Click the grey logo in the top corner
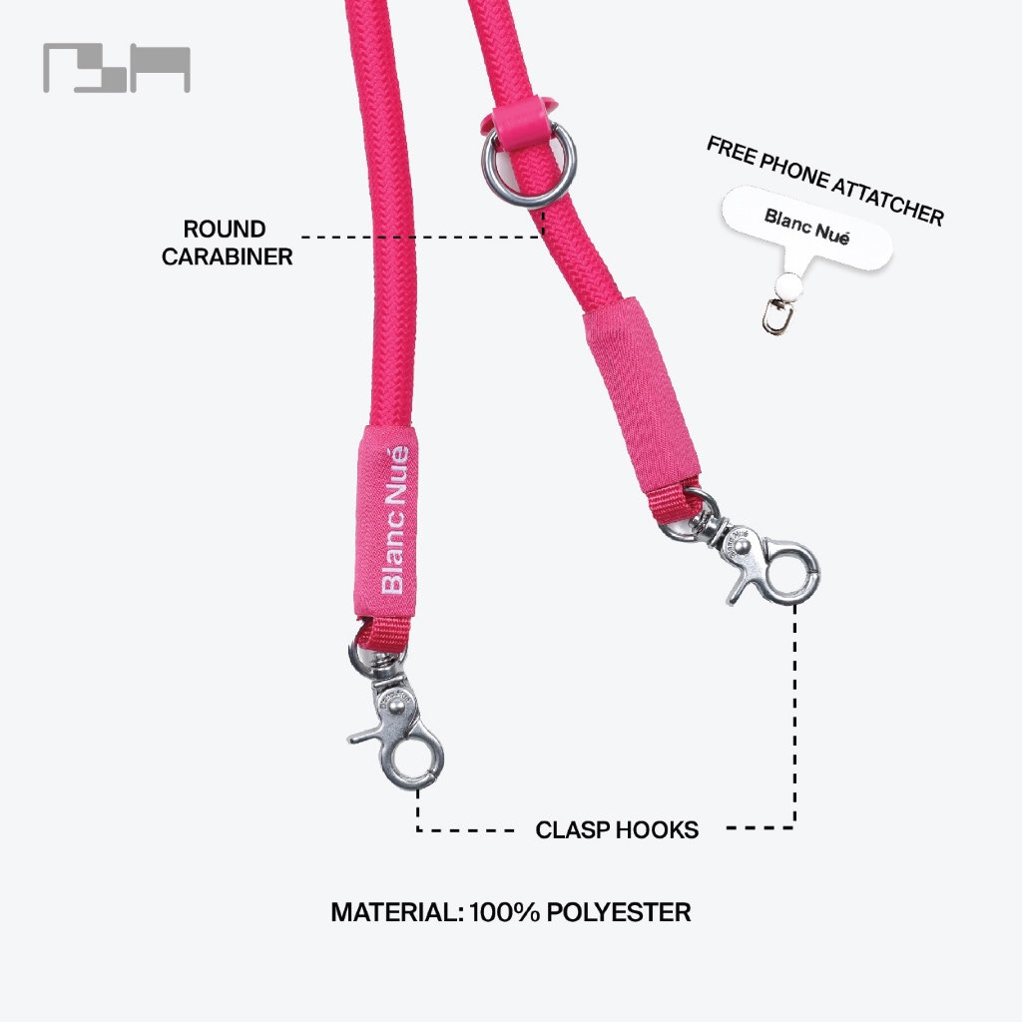tap(116, 68)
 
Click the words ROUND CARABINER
tap(228, 244)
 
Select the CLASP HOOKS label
tap(617, 829)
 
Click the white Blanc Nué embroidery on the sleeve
tap(395, 519)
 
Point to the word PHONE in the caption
tap(797, 171)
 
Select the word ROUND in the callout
tap(225, 230)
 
